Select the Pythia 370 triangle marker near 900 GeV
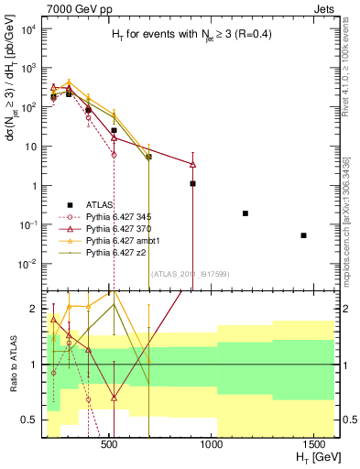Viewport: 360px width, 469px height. pyautogui.click(x=192, y=164)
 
